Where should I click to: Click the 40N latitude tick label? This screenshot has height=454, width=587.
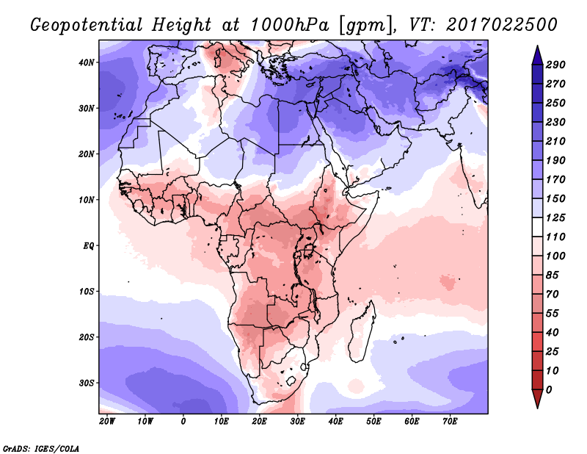[x=87, y=62]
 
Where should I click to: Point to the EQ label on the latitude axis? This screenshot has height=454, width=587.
[x=88, y=245]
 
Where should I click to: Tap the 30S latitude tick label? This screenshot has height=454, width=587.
[x=87, y=383]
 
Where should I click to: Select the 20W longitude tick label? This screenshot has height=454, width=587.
[x=106, y=421]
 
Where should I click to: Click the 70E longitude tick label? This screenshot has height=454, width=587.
[x=451, y=421]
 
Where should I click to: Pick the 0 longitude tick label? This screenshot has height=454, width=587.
[x=183, y=421]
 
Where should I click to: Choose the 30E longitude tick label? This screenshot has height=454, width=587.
[x=298, y=421]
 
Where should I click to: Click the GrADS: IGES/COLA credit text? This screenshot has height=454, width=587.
[x=40, y=447]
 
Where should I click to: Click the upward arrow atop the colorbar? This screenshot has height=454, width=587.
[x=537, y=53]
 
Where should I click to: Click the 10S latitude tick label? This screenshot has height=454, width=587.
[x=87, y=292]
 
